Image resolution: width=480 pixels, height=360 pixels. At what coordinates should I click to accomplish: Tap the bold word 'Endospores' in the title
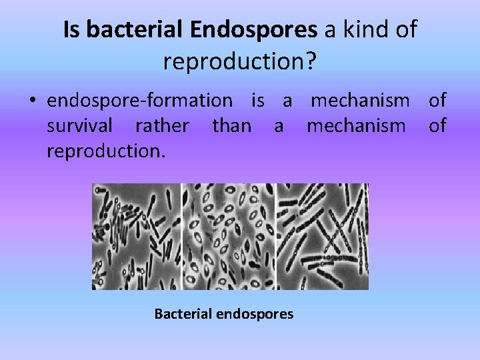click(253, 29)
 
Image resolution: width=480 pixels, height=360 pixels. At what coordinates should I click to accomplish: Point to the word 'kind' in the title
click(365, 29)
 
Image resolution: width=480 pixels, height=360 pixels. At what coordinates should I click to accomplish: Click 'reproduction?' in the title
click(239, 61)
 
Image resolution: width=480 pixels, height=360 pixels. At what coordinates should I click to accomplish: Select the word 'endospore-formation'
click(140, 101)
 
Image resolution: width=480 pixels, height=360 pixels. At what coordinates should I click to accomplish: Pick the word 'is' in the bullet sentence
click(257, 101)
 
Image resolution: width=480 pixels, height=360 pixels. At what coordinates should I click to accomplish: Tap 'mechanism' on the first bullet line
click(361, 101)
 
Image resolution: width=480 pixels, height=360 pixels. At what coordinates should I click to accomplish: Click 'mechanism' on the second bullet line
click(356, 125)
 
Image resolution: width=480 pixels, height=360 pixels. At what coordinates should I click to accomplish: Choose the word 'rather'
click(162, 125)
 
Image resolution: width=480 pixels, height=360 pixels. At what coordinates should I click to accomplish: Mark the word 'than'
click(231, 125)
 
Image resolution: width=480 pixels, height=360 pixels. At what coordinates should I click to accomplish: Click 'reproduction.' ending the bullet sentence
click(105, 151)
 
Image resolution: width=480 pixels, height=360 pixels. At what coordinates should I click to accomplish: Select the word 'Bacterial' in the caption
click(183, 313)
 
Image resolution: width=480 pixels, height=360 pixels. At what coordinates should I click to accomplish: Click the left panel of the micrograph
click(136, 236)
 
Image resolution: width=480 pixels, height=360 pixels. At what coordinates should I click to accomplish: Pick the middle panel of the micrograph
click(228, 236)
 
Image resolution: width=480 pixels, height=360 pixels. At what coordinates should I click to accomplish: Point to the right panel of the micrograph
click(322, 236)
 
